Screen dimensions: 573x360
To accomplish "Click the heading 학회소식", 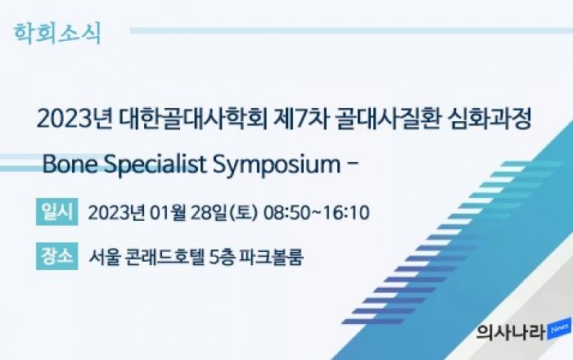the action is (x=57, y=34).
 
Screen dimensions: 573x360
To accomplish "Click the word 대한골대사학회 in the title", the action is (x=194, y=119).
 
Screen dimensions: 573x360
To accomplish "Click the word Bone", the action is (x=70, y=164).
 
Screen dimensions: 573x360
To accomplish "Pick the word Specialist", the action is (x=156, y=165).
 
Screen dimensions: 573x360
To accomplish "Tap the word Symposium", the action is (x=277, y=165).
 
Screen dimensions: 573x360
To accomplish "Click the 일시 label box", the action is (x=57, y=212).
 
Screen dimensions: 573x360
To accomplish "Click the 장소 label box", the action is (x=57, y=256).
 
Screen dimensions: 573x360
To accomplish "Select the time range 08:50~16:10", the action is (x=317, y=213).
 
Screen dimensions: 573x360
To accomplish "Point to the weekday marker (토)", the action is (x=243, y=213).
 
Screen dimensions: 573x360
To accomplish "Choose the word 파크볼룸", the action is (x=271, y=257).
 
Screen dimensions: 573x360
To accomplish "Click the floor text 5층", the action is (x=222, y=257).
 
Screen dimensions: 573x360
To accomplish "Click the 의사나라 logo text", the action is (x=511, y=332).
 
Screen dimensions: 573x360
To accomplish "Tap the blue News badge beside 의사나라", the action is (x=559, y=329).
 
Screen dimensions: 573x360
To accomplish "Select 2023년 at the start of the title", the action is (x=75, y=119).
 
